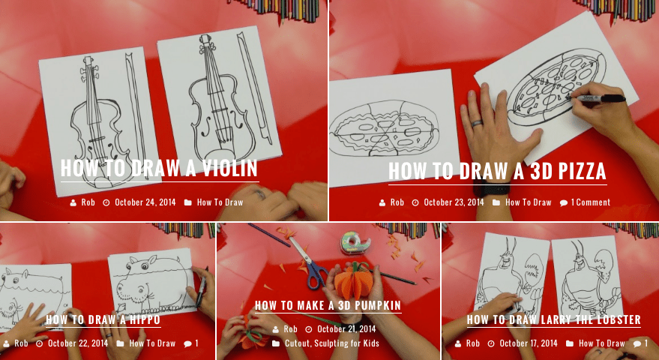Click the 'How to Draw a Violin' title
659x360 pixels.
click(x=159, y=168)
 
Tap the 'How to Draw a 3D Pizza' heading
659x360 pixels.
click(x=497, y=171)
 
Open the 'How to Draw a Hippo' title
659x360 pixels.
click(x=103, y=319)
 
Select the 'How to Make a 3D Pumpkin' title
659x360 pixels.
click(x=328, y=305)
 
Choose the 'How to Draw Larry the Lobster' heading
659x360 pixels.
click(x=554, y=319)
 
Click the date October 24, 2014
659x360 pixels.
click(x=145, y=202)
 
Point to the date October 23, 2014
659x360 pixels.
click(x=454, y=202)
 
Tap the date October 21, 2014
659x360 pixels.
click(x=346, y=329)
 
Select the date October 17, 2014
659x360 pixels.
click(x=529, y=343)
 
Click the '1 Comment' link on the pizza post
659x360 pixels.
click(x=591, y=202)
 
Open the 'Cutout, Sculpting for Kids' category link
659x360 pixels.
click(x=332, y=343)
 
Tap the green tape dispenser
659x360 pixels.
click(x=355, y=243)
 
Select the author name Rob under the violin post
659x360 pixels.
click(x=88, y=202)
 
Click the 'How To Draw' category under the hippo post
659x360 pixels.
click(x=152, y=343)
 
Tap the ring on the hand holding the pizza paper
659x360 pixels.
click(x=478, y=123)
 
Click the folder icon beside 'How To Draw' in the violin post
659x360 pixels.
click(x=188, y=202)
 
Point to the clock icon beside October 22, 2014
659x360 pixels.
click(x=39, y=343)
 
